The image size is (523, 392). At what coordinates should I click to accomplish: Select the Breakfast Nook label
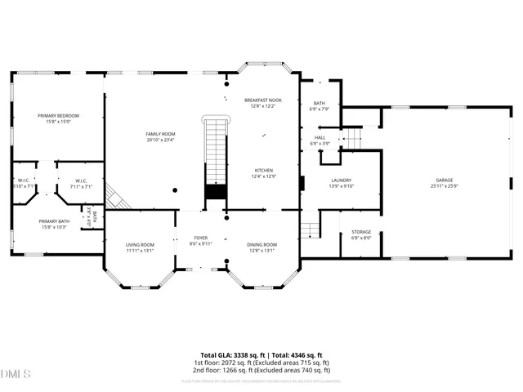pyautogui.click(x=263, y=100)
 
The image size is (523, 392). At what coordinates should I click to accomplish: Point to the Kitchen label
pyautogui.click(x=263, y=170)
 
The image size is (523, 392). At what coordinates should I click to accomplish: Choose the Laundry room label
pyautogui.click(x=341, y=180)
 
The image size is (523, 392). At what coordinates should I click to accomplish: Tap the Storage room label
pyautogui.click(x=361, y=232)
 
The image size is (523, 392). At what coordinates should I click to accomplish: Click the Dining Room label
pyautogui.click(x=262, y=244)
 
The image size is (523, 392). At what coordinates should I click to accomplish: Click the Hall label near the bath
pyautogui.click(x=320, y=137)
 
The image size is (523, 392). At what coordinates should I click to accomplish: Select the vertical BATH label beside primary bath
pyautogui.click(x=95, y=216)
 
